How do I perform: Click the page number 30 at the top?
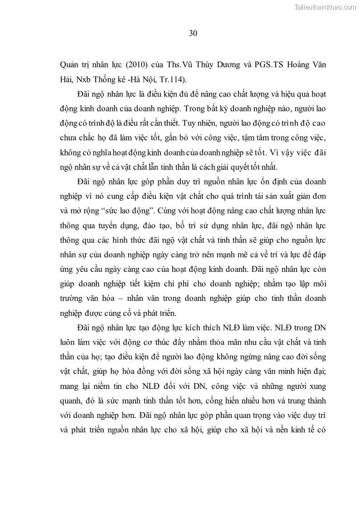click(192, 33)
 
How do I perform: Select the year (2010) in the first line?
click(127, 65)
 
